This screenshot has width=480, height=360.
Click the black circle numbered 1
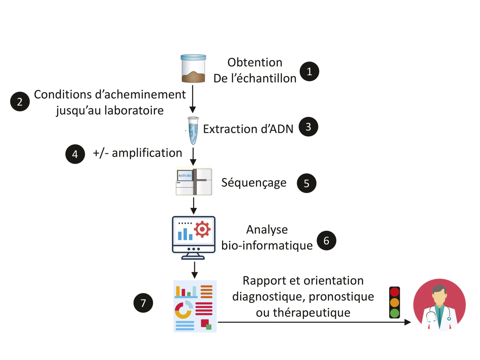[x=309, y=72]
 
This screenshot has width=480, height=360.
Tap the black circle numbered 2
[x=20, y=102]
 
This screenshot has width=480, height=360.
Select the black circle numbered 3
[x=308, y=127]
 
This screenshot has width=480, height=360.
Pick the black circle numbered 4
[x=75, y=154]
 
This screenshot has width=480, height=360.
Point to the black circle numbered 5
[x=306, y=183]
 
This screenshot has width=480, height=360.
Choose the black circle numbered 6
[x=326, y=241]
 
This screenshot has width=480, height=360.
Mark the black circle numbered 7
[x=143, y=303]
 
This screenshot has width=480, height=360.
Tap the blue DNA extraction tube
[x=193, y=130]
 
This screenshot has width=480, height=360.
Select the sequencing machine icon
[x=194, y=182]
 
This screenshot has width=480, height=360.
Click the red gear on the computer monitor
[x=202, y=229]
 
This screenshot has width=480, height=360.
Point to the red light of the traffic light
[x=394, y=292]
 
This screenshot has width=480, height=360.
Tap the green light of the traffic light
[x=394, y=313]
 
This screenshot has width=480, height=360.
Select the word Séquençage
[x=254, y=183]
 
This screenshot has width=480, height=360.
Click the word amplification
[x=147, y=153]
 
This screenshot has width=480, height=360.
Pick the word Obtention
[x=255, y=62]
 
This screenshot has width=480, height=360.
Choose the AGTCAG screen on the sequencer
[x=185, y=175]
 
